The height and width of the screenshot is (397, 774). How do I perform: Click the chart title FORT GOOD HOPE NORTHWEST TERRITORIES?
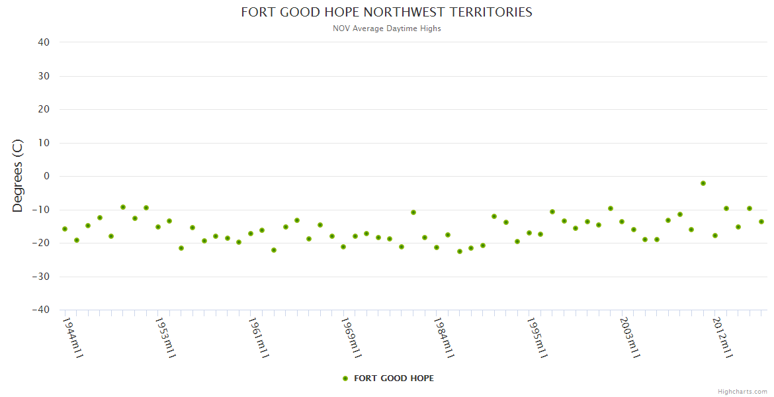point(386,12)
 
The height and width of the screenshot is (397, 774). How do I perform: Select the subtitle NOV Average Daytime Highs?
point(386,28)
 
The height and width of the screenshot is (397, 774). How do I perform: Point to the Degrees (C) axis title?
point(18,175)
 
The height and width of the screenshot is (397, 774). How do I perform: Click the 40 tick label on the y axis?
point(44,42)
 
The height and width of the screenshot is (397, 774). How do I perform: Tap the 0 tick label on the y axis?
point(47,176)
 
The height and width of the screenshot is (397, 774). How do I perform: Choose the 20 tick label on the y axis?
point(44,109)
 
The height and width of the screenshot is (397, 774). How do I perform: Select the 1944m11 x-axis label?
point(73,337)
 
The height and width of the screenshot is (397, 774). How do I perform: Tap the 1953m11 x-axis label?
point(165,337)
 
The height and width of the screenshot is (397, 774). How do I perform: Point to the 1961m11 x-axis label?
point(259,337)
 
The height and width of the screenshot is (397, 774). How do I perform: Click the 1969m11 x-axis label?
point(351,337)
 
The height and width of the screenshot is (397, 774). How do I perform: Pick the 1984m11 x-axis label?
point(444,337)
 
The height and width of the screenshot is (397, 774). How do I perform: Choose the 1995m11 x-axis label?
point(537,337)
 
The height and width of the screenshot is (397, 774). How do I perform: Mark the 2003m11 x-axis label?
point(630,337)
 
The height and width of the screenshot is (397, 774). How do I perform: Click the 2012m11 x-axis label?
point(722,337)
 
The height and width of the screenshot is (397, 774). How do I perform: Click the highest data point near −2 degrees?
point(703,183)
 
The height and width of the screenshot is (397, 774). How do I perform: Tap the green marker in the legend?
point(345,378)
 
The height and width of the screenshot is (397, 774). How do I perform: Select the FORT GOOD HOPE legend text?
point(394,378)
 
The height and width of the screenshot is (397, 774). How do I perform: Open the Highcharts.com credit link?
point(742,392)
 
